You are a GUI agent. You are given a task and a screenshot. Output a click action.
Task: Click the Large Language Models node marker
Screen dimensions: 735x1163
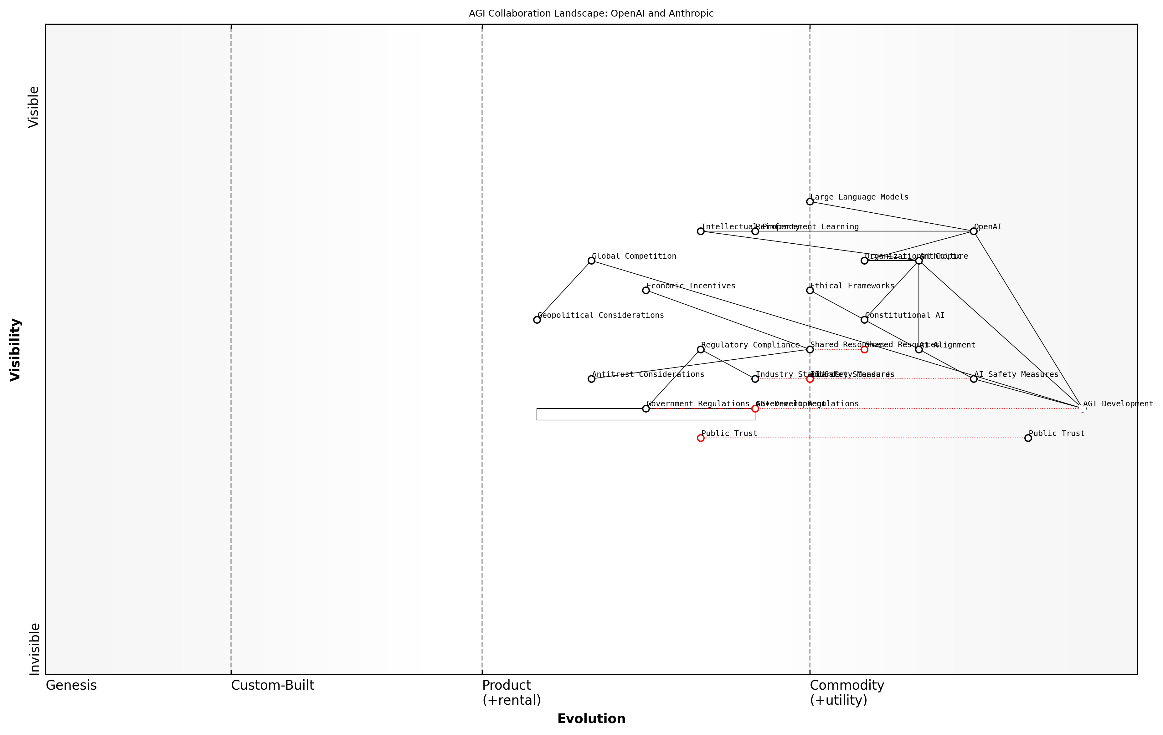click(810, 202)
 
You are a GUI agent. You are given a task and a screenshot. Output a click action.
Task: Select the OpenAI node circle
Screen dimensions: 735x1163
click(974, 231)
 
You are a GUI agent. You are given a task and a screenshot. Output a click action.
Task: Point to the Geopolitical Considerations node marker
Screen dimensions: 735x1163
click(537, 320)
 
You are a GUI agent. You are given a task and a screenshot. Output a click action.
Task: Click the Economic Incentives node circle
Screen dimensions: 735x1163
click(646, 291)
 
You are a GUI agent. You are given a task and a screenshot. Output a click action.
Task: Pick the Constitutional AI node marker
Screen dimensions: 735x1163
click(865, 320)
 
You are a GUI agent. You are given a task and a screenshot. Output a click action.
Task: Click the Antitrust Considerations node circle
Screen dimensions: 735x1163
click(591, 379)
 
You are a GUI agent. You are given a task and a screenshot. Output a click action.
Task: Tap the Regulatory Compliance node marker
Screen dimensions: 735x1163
click(700, 349)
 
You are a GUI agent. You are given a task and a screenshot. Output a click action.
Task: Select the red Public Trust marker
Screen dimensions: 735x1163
click(700, 438)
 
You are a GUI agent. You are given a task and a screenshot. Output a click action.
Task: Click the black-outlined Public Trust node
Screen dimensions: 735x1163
click(1028, 438)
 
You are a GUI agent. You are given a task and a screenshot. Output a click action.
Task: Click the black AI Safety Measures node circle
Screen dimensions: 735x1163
click(974, 379)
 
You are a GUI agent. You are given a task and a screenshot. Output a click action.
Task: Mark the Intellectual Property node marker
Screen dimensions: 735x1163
click(700, 231)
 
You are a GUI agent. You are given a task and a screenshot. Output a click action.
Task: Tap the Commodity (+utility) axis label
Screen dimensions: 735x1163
click(847, 692)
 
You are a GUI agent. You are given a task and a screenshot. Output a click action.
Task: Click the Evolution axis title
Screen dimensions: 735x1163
click(591, 719)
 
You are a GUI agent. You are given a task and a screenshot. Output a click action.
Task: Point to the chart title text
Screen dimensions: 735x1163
click(591, 13)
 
